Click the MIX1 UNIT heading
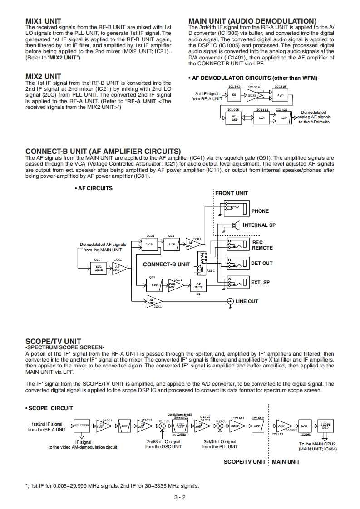43,21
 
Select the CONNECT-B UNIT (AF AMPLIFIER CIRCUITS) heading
103,151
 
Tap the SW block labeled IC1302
234,95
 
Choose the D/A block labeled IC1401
261,117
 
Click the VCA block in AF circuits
149,244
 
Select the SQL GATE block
99,268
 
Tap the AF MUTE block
198,286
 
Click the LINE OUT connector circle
230,301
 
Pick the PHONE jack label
260,211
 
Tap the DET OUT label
262,263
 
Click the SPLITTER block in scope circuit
82,426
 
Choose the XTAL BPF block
180,426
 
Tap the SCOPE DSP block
325,426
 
